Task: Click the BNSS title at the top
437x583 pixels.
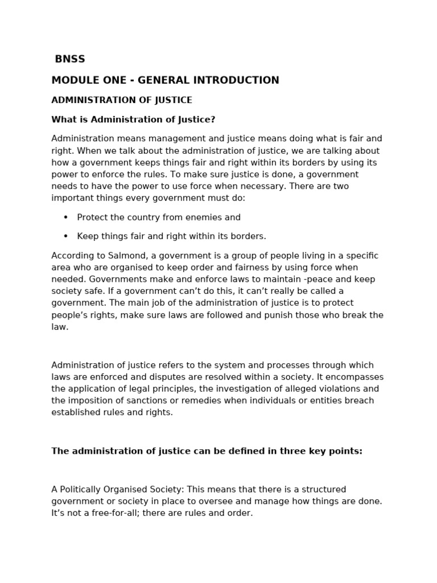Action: (69, 59)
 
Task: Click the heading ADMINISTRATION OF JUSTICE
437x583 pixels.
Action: (122, 100)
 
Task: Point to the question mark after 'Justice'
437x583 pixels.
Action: (213, 120)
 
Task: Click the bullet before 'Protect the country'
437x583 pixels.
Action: (65, 217)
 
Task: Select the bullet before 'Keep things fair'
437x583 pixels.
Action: (65, 236)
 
